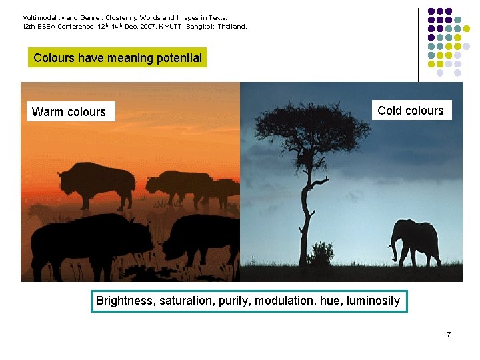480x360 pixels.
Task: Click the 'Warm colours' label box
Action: click(x=69, y=112)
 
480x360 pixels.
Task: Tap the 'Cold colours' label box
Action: click(x=410, y=111)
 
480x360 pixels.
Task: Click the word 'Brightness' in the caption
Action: click(x=125, y=301)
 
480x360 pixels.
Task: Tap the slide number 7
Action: click(x=449, y=333)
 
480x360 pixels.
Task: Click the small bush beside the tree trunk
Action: click(x=323, y=253)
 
